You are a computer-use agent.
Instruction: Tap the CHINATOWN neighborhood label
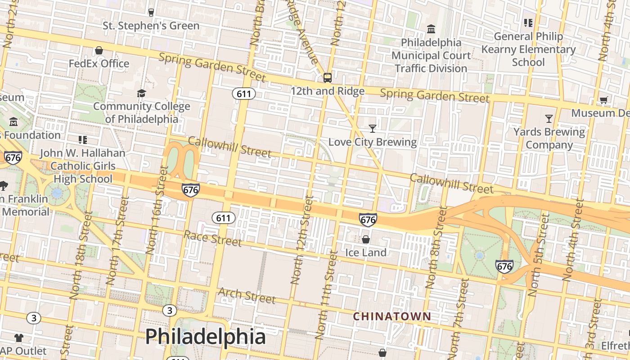pos(392,316)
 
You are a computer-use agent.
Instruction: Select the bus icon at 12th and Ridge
pos(328,78)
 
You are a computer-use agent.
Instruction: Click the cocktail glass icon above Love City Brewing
pos(372,129)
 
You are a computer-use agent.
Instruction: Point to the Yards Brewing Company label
pos(549,138)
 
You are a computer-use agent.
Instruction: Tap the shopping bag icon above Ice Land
pos(366,239)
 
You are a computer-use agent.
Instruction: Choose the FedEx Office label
pos(99,63)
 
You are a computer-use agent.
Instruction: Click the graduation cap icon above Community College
pos(141,93)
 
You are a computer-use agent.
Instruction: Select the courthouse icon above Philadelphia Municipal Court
pos(431,29)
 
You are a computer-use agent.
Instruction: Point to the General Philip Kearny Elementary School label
pos(528,49)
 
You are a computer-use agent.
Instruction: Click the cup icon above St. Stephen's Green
pos(151,13)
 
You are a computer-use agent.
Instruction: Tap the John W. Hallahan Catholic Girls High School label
pos(82,166)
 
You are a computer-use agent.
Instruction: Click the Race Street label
pos(212,238)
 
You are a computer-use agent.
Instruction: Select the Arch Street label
pos(247,295)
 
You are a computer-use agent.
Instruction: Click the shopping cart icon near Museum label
pos(603,100)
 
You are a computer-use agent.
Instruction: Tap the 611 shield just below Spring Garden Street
pos(244,94)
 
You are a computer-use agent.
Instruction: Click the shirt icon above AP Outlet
pos(18,337)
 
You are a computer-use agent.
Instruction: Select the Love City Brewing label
pos(372,142)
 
